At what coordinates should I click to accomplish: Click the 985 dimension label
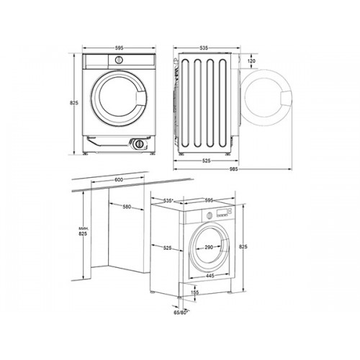pyautogui.click(x=233, y=169)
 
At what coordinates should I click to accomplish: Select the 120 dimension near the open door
pyautogui.click(x=251, y=61)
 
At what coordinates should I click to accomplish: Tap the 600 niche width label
pyautogui.click(x=119, y=180)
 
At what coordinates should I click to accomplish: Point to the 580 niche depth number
pyautogui.click(x=127, y=207)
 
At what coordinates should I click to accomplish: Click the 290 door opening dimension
pyautogui.click(x=209, y=247)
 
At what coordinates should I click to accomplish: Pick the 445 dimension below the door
pyautogui.click(x=210, y=276)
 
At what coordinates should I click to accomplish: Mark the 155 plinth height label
pyautogui.click(x=196, y=292)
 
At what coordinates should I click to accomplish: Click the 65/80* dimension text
pyautogui.click(x=181, y=312)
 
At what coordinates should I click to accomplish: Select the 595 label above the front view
pyautogui.click(x=119, y=48)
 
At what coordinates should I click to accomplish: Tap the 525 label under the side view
pyautogui.click(x=206, y=161)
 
